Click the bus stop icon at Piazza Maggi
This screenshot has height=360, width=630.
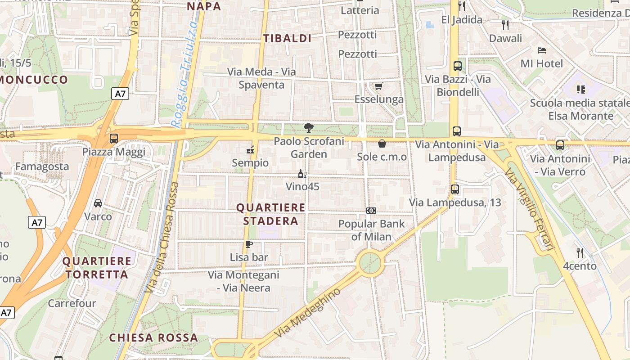pyautogui.click(x=114, y=139)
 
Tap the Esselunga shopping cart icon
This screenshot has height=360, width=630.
pyautogui.click(x=379, y=86)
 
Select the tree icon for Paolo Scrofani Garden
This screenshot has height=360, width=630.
pyautogui.click(x=309, y=128)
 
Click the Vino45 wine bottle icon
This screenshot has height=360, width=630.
pyautogui.click(x=302, y=174)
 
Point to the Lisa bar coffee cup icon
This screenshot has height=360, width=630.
pyautogui.click(x=248, y=244)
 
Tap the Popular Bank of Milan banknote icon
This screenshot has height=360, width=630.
pyautogui.click(x=371, y=211)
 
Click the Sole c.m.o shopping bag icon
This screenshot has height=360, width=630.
pyautogui.click(x=382, y=144)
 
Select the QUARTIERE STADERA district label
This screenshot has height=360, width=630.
pyautogui.click(x=271, y=214)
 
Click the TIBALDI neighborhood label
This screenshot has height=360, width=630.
pyautogui.click(x=288, y=39)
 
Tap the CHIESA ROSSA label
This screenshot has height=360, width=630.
pyautogui.click(x=153, y=337)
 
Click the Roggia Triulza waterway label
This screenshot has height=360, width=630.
pyautogui.click(x=185, y=74)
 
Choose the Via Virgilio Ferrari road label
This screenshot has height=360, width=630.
pyautogui.click(x=529, y=210)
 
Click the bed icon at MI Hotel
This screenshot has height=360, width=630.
pyautogui.click(x=542, y=50)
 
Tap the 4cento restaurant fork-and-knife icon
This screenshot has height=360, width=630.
pyautogui.click(x=580, y=253)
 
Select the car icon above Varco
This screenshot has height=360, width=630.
pyautogui.click(x=98, y=203)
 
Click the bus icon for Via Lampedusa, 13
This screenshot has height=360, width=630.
pyautogui.click(x=455, y=189)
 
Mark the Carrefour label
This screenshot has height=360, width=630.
pyautogui.click(x=72, y=303)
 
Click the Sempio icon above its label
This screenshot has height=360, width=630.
pyautogui.click(x=250, y=150)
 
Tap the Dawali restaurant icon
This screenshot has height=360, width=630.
pyautogui.click(x=505, y=25)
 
